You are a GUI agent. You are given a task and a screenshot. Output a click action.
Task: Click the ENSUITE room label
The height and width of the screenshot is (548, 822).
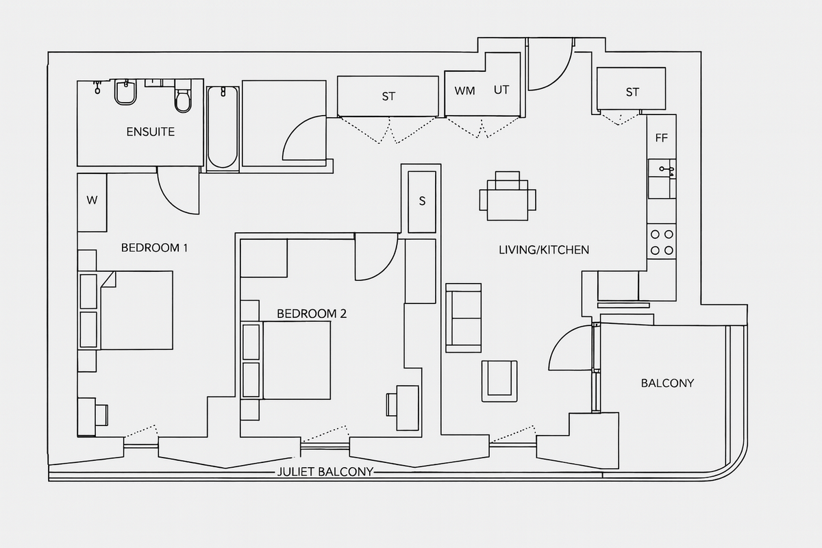click(150, 132)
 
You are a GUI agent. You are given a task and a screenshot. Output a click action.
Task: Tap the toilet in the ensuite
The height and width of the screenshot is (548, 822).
click(183, 99)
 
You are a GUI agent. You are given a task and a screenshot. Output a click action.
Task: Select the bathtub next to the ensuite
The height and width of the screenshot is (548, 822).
click(223, 127)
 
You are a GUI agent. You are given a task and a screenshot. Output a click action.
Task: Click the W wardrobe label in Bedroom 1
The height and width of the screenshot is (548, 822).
click(91, 201)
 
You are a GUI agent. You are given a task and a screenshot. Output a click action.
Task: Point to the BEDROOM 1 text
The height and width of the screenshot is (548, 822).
click(154, 247)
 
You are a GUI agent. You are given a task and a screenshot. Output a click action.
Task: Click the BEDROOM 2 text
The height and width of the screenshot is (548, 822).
click(312, 314)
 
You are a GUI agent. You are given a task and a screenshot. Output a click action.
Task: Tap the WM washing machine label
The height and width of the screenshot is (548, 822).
click(464, 90)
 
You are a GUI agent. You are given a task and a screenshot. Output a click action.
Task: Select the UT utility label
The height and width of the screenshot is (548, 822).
click(501, 90)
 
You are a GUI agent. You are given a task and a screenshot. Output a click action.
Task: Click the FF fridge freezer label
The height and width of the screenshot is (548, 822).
click(661, 138)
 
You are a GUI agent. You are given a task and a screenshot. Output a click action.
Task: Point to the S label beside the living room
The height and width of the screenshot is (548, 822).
click(422, 201)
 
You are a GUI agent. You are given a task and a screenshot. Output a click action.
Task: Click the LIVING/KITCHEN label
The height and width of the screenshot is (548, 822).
click(543, 250)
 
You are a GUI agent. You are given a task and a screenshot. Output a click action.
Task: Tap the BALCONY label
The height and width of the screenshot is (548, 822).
click(667, 383)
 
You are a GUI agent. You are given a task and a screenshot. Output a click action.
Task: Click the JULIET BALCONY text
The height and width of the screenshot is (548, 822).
click(325, 471)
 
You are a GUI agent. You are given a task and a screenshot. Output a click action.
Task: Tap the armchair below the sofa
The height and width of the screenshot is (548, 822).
click(499, 381)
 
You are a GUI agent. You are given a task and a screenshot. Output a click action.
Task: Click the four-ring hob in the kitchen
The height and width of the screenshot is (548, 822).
click(662, 242)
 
